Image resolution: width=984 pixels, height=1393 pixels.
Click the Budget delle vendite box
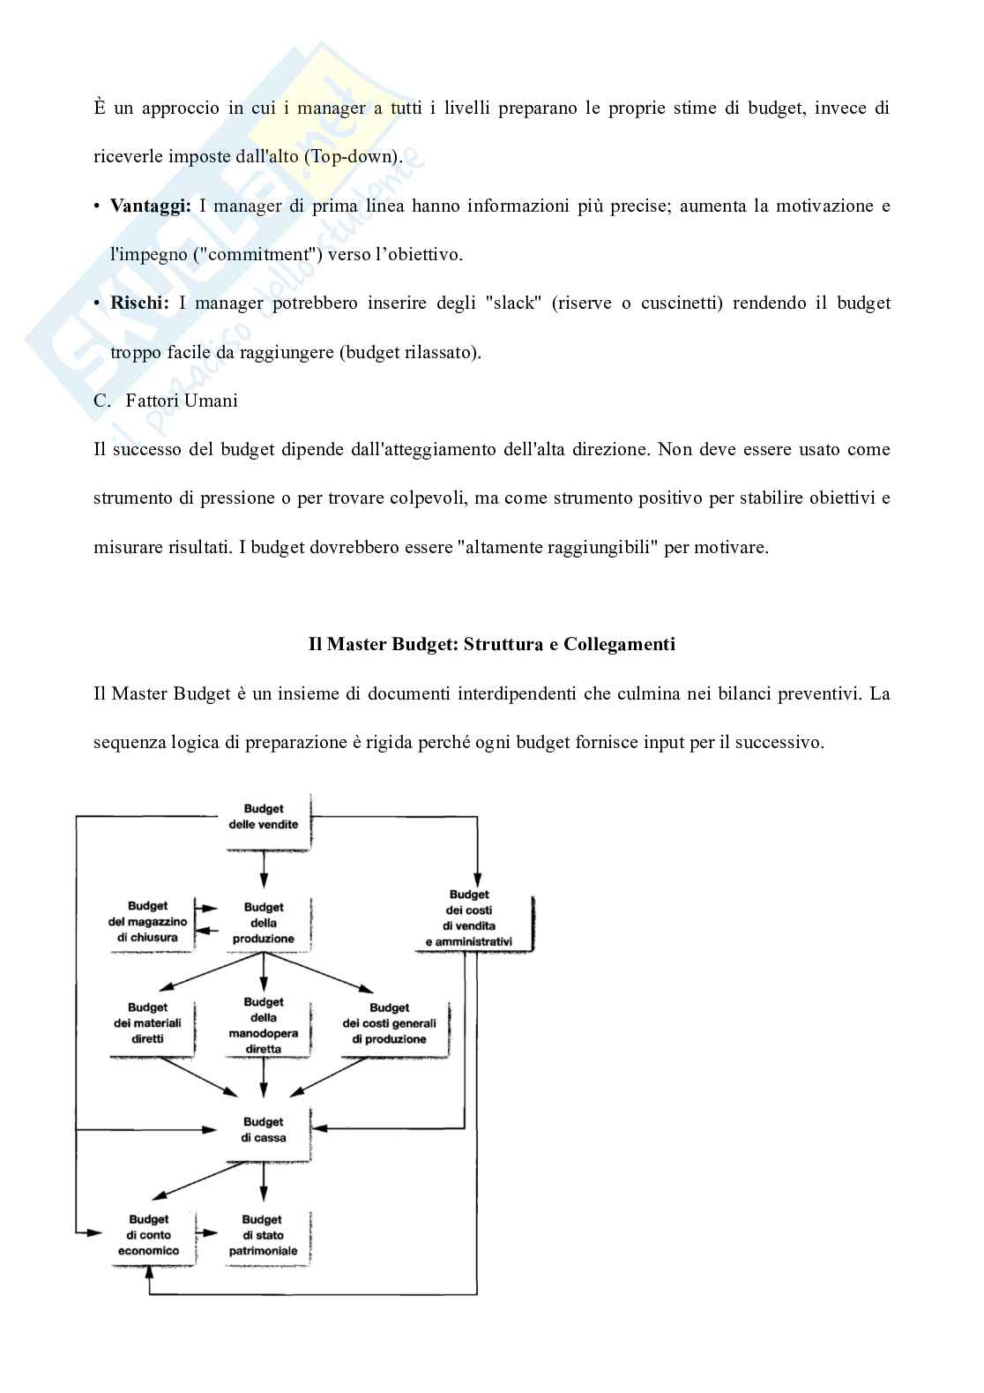pyautogui.click(x=264, y=817)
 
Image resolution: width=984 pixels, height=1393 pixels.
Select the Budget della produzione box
pyautogui.click(x=264, y=923)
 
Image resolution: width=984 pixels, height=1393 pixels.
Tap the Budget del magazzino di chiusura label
pyautogui.click(x=147, y=922)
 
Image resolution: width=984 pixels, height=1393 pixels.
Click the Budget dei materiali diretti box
pyautogui.click(x=147, y=1023)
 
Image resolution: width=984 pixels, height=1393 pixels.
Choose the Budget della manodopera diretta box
pyautogui.click(x=264, y=1025)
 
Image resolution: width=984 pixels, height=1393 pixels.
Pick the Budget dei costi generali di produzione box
pyautogui.click(x=389, y=1023)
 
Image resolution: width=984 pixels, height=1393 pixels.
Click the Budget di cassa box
pyautogui.click(x=264, y=1130)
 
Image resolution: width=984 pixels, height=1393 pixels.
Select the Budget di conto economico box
pyautogui.click(x=148, y=1235)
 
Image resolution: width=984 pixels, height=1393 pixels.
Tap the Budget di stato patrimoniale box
pyautogui.click(x=263, y=1235)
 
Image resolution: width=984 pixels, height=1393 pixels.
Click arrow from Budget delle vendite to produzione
pyautogui.click(x=264, y=872)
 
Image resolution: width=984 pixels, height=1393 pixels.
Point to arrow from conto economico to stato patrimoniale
pyautogui.click(x=208, y=1233)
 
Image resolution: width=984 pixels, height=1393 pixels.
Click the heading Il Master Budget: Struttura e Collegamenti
pyautogui.click(x=491, y=644)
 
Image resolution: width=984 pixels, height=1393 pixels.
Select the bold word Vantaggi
pyautogui.click(x=150, y=206)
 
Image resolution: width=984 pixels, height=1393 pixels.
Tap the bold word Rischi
pyautogui.click(x=139, y=303)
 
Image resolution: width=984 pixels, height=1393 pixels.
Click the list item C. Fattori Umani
pyautogui.click(x=166, y=401)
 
